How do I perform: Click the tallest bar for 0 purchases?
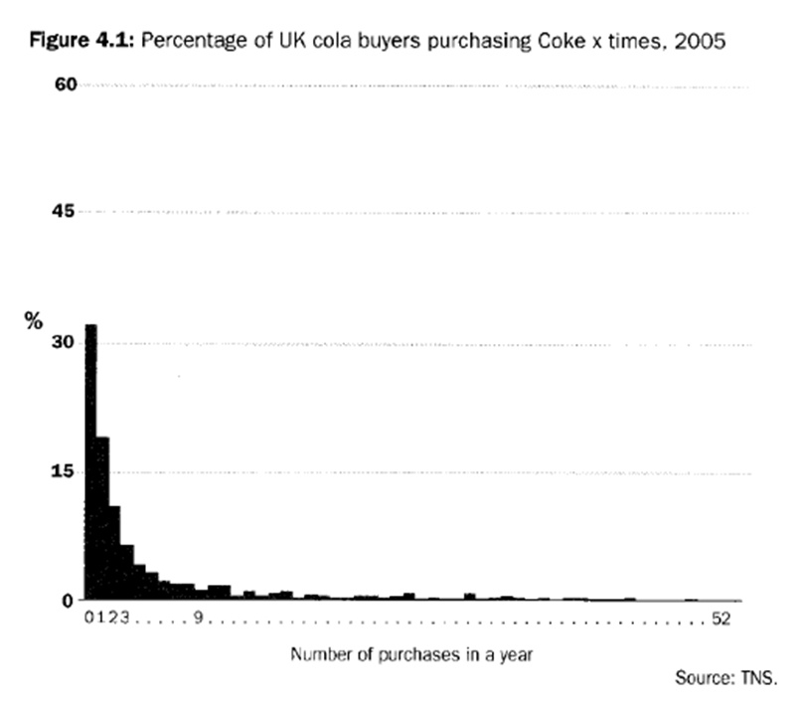point(90,462)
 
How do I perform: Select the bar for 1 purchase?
point(102,518)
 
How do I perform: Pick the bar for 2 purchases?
point(114,553)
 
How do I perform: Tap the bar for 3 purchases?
point(126,573)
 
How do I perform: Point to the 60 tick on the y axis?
point(66,86)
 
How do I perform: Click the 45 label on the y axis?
point(66,213)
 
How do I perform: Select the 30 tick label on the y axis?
point(66,343)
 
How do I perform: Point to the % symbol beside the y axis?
point(35,320)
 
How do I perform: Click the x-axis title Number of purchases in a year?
point(412,655)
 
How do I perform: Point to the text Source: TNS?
point(723,679)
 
